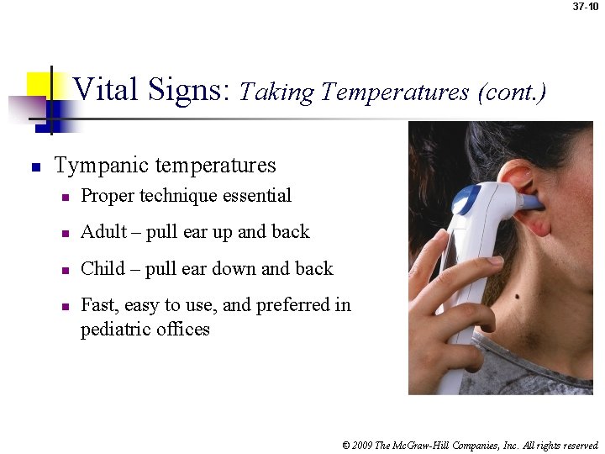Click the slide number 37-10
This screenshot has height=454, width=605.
[x=585, y=7]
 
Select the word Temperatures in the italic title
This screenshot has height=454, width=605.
[x=395, y=92]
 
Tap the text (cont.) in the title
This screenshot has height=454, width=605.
[x=512, y=92]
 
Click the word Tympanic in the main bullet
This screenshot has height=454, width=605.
[x=94, y=165]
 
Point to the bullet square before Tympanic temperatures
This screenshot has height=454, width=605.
[x=35, y=166]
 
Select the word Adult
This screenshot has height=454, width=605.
[x=103, y=232]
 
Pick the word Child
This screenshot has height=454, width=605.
[x=103, y=269]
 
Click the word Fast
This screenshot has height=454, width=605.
[x=98, y=305]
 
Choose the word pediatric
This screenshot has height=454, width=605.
[x=116, y=330]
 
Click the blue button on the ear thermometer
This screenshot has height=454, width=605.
[x=465, y=200]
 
